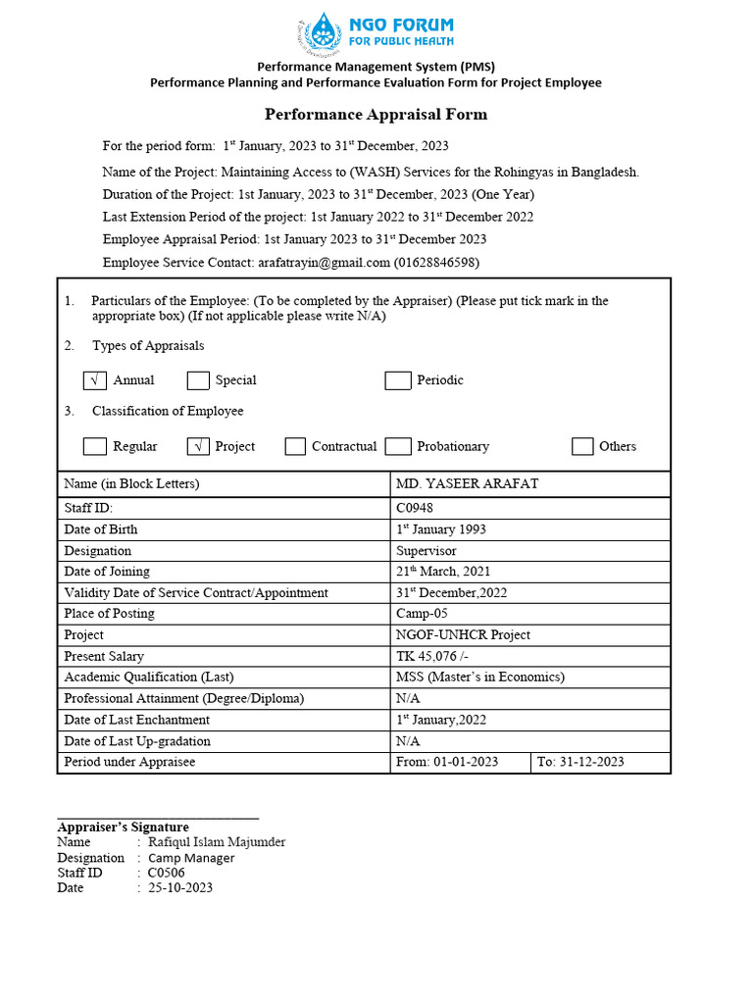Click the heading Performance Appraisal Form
[x=376, y=115]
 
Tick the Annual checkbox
[x=95, y=380]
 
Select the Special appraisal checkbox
[x=198, y=380]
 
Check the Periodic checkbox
[x=397, y=380]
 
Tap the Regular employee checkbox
[x=95, y=446]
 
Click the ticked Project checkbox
[x=198, y=446]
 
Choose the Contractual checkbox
[x=295, y=446]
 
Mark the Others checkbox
[x=582, y=446]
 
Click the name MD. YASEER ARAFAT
[x=467, y=484]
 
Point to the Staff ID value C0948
[x=415, y=508]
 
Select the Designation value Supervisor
[x=427, y=551]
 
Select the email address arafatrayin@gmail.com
[x=324, y=263]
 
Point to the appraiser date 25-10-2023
[x=180, y=887]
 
